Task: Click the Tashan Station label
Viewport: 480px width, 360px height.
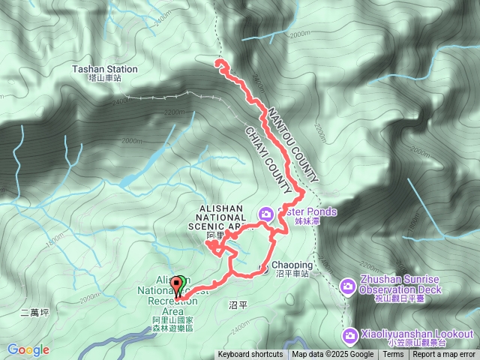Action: pos(104,69)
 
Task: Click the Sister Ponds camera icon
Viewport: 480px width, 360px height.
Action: pos(265,215)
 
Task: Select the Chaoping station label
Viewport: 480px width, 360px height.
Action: pos(290,265)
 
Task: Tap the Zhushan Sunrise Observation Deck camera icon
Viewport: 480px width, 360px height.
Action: pos(348,286)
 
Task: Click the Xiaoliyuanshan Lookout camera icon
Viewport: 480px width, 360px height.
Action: pos(349,334)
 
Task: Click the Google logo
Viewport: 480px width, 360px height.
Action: pos(28,349)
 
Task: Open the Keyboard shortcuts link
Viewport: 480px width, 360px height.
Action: pos(250,355)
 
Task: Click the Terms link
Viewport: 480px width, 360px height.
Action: pos(393,355)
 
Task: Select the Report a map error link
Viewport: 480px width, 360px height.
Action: pos(445,355)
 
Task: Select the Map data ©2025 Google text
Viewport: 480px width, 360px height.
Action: pos(332,355)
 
